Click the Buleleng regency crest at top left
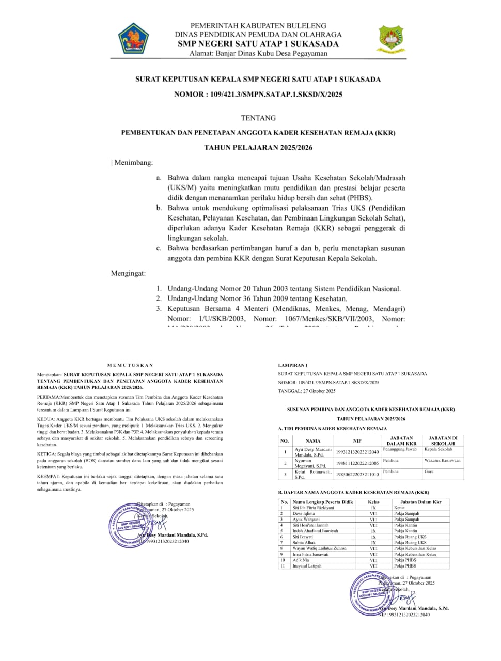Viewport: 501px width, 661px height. click(x=134, y=38)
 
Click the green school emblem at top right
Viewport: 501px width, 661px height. click(x=391, y=39)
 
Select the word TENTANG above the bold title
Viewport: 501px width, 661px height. click(x=258, y=118)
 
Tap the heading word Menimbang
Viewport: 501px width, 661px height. click(x=133, y=163)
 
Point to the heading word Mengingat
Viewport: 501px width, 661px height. click(x=128, y=273)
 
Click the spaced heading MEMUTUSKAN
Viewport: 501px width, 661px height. click(x=130, y=365)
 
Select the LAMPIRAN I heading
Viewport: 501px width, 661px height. click(x=292, y=365)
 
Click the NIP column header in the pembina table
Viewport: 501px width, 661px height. click(x=357, y=441)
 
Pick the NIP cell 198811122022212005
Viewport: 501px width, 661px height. click(x=357, y=463)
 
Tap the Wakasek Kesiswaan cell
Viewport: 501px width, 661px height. click(x=442, y=460)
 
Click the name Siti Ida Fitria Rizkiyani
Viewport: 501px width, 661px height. click(x=314, y=508)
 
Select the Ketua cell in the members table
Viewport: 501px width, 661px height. click(x=399, y=508)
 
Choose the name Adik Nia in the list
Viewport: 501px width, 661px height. click(x=301, y=560)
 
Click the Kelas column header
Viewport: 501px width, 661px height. click(x=373, y=502)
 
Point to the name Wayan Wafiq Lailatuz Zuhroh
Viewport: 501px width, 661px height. click(x=319, y=548)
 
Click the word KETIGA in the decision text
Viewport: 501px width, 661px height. click(x=46, y=454)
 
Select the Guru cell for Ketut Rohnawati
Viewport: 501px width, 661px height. click(x=429, y=471)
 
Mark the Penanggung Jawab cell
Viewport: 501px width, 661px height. click(x=400, y=449)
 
